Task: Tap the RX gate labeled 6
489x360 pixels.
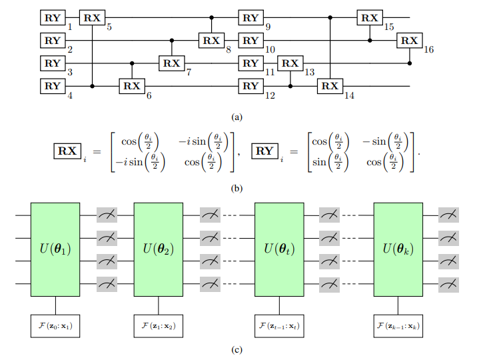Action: (132, 86)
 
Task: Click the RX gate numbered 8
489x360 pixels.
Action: (211, 41)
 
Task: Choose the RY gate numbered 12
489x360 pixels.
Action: (250, 86)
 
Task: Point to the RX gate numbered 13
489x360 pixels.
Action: (290, 63)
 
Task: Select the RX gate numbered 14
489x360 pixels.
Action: (330, 86)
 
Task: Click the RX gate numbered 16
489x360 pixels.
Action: (409, 41)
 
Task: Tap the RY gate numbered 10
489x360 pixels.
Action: (250, 41)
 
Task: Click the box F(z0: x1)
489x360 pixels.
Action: (55, 327)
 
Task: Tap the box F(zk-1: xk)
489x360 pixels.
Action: (398, 327)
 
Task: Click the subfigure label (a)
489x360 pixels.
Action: (237, 117)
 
